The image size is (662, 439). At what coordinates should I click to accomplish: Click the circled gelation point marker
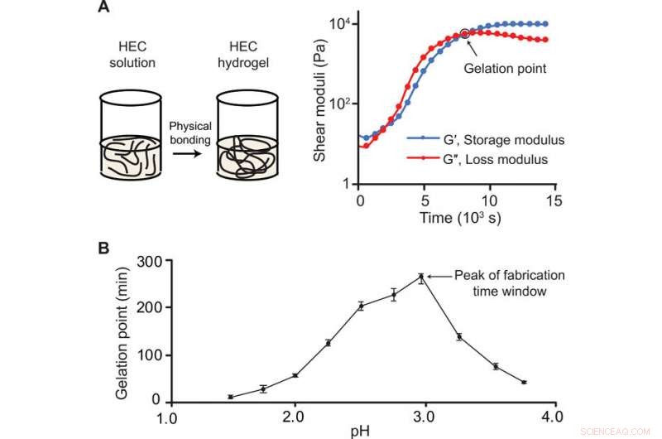[x=464, y=33]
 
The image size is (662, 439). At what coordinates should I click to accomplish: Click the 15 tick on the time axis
[x=557, y=201]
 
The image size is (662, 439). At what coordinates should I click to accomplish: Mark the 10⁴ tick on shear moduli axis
[x=337, y=22]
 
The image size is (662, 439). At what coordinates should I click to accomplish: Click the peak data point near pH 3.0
[x=420, y=277]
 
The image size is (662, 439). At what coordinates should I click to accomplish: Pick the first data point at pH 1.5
[x=231, y=397]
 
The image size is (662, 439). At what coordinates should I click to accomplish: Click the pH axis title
[x=359, y=431]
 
